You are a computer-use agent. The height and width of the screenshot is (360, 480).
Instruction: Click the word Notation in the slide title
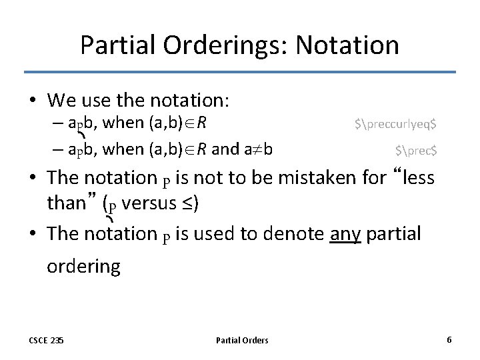(x=347, y=45)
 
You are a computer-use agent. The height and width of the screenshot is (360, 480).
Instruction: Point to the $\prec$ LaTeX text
(x=415, y=151)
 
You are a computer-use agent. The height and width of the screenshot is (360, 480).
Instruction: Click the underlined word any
(x=345, y=234)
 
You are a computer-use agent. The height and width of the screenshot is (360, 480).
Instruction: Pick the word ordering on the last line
(x=83, y=267)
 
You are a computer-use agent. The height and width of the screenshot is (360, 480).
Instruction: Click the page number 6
(x=449, y=340)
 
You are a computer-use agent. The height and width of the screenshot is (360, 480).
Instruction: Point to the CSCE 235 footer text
(x=47, y=341)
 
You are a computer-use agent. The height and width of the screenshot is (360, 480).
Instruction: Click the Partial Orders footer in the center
(x=242, y=341)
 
